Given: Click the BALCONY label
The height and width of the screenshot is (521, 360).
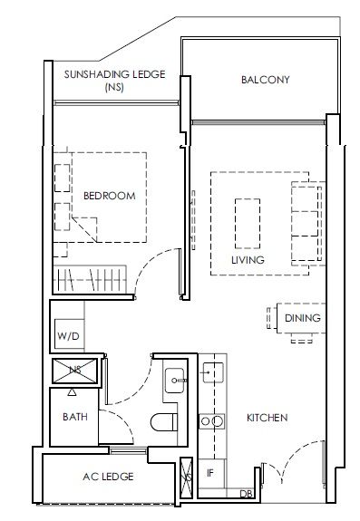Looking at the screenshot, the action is point(266,80).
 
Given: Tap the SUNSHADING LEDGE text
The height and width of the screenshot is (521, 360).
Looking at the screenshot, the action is point(114,74).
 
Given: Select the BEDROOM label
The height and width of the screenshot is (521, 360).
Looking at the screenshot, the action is point(110,196).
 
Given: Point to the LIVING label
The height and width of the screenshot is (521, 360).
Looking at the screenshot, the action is point(248,260).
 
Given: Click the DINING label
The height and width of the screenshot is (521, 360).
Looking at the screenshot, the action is point(303,318).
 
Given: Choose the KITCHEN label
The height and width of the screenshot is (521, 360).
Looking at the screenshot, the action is point(267,418).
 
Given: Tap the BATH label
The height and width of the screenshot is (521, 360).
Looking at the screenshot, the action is point(75,417).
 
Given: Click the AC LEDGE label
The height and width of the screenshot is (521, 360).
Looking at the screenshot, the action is point(108,477).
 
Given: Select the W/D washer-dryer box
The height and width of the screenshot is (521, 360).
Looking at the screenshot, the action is point(69,334).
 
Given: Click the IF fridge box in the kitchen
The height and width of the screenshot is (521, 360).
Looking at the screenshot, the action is point(211,473).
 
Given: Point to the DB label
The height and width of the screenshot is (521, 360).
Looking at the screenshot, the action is point(246,494).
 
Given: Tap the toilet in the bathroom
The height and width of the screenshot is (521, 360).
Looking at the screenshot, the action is point(164,422).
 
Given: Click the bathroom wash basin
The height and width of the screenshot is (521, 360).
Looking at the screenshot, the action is point(174,381).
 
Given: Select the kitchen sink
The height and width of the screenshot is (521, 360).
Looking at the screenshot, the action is point(213,372).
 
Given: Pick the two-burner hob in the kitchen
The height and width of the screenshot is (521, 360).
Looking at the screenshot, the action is point(212,421).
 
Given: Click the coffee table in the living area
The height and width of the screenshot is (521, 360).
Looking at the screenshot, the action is point(248,223).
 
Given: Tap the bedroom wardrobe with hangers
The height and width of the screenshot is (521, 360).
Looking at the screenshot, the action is point(90,279).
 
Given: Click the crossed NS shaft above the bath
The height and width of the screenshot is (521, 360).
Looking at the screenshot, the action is point(74,371).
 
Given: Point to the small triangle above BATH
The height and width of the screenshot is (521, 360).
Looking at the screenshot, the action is point(72,392).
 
